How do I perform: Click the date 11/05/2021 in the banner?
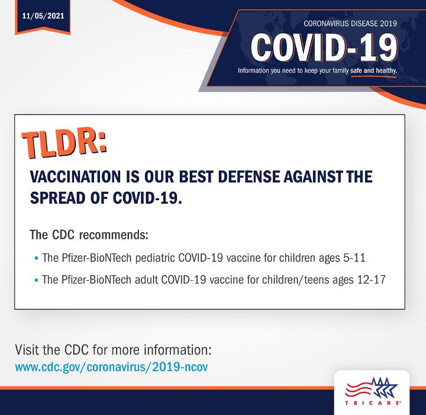pyautogui.click(x=43, y=16)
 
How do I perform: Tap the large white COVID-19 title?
pyautogui.click(x=324, y=48)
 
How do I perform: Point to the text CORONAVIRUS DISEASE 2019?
pyautogui.click(x=350, y=24)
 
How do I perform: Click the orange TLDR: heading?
pyautogui.click(x=64, y=142)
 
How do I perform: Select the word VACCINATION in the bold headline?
pyautogui.click(x=75, y=176)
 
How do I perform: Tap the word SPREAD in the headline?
pyautogui.click(x=58, y=198)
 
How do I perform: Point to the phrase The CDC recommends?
pyautogui.click(x=89, y=235)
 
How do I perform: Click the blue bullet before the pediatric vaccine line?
pyautogui.click(x=37, y=258)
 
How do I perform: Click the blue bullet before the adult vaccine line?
pyautogui.click(x=37, y=280)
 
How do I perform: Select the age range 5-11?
pyautogui.click(x=354, y=258)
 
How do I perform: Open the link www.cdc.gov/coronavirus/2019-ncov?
pyautogui.click(x=111, y=367)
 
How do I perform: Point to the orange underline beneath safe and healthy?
pyautogui.click(x=373, y=76)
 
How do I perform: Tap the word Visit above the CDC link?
pyautogui.click(x=27, y=349)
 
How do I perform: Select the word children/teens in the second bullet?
pyautogui.click(x=296, y=279)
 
